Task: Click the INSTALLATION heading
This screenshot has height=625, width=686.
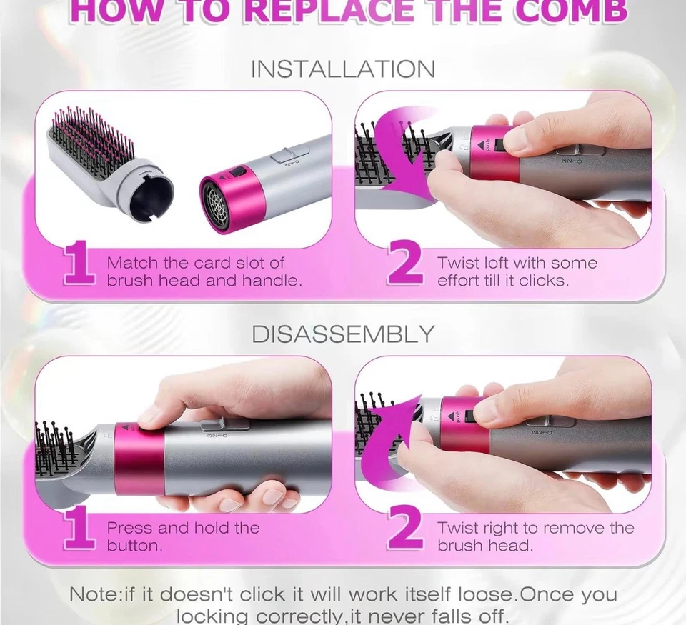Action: (x=342, y=69)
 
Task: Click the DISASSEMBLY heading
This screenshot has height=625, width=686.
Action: (x=342, y=334)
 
